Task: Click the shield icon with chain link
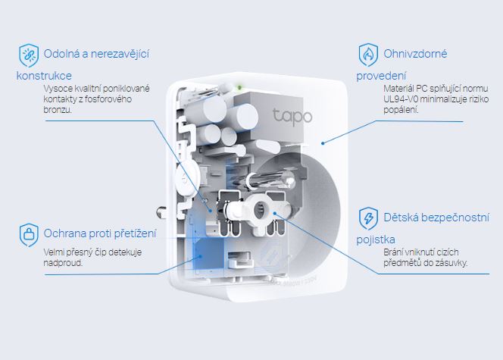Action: coord(29,55)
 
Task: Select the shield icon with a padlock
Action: coord(29,232)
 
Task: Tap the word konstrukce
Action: coord(44,76)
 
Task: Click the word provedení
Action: coord(382,76)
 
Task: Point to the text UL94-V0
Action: coord(400,99)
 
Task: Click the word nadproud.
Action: coord(62,263)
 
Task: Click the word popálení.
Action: coord(401,110)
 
